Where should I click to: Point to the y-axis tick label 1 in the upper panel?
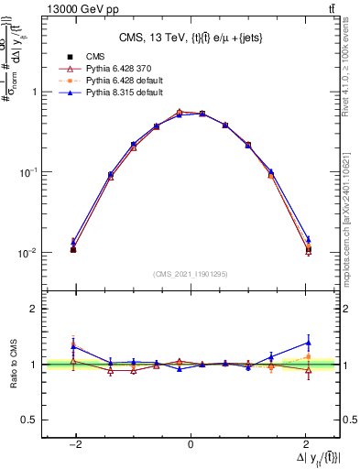coord(34,92)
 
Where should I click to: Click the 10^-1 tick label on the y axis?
coord(29,172)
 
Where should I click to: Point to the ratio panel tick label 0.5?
coord(29,420)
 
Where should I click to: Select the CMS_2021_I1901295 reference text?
coord(191,274)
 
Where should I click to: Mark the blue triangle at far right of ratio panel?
coord(308,343)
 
